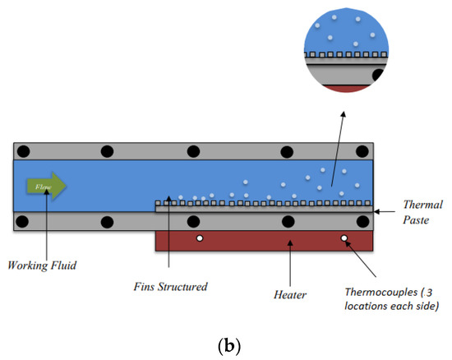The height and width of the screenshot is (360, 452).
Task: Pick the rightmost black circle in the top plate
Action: (x=361, y=151)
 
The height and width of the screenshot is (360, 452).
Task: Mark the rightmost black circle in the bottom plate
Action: (x=361, y=221)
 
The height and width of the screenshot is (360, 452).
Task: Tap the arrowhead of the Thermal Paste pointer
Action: (x=377, y=212)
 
